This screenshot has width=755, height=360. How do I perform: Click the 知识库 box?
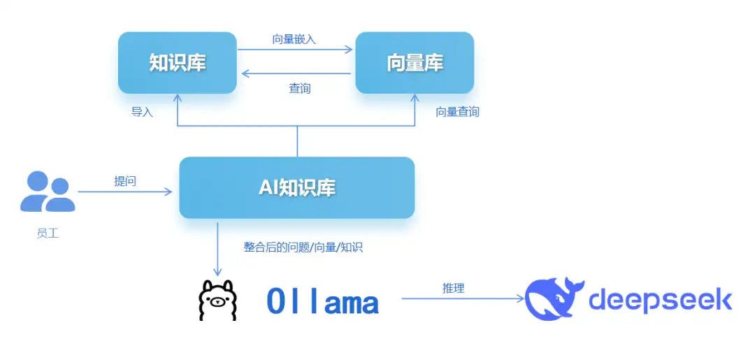[178, 63]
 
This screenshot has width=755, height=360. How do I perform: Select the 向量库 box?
[415, 63]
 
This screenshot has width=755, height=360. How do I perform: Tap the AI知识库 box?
[297, 187]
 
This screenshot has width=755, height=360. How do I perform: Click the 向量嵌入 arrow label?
[294, 39]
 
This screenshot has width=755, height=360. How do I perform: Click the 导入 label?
[142, 112]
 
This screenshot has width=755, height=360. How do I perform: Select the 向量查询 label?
[458, 112]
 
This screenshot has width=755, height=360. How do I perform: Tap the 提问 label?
[125, 181]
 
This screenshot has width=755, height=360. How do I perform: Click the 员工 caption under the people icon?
[48, 233]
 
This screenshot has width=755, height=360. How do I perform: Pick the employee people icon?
[48, 192]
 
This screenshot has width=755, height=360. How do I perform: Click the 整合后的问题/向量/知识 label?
[303, 247]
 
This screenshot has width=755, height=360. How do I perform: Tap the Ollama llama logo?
[217, 301]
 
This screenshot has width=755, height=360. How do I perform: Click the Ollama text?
[323, 302]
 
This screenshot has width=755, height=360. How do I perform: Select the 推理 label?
[453, 288]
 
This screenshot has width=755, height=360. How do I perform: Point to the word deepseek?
[660, 299]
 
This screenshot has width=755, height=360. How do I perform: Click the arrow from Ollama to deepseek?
[461, 298]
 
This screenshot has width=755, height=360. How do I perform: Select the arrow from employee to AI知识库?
[124, 191]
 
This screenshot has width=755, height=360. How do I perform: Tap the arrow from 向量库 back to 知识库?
[295, 73]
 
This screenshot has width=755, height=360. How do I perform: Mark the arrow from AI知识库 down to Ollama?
[217, 248]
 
